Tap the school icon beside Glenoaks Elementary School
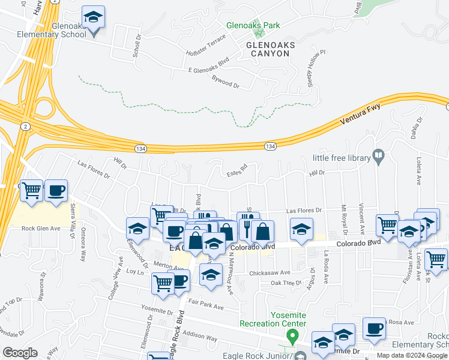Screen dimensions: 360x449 pos(93,18)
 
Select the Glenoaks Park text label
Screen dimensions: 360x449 pos(253,26)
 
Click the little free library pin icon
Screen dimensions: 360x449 pos(378,157)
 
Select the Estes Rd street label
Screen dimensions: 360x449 pos(237,172)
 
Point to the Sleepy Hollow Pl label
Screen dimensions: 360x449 pos(315,65)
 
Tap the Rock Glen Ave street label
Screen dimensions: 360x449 pos(41,228)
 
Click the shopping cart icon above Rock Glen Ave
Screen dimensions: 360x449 pos(32,191)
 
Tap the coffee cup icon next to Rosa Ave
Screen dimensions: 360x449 pos(375,329)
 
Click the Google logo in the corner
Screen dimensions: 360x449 pos(20,353)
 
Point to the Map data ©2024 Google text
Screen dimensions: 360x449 pos(411,355)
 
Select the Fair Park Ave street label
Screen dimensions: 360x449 pos(205,307)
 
